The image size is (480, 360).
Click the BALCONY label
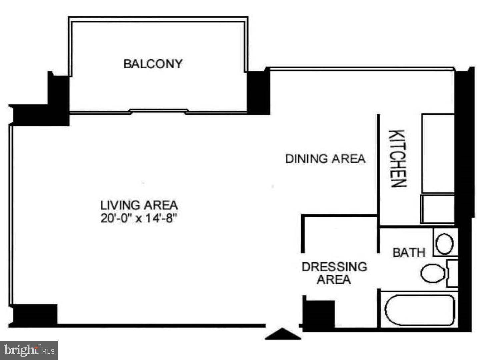point(153,64)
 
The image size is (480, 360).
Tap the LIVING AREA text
point(139,205)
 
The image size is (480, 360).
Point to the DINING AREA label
point(325,159)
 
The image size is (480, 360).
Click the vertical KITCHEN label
point(398,159)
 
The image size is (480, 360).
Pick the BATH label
point(409,252)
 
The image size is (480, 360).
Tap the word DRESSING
point(334,267)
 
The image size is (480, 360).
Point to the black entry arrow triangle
point(283,334)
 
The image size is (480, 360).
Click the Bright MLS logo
point(29,350)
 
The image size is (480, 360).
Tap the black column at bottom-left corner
point(35,314)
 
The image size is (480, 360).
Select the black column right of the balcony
point(258,93)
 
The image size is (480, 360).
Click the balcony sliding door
point(158,111)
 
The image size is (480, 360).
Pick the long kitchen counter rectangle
point(438,153)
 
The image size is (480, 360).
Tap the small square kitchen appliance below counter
point(437,209)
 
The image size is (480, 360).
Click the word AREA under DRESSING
point(334,280)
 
